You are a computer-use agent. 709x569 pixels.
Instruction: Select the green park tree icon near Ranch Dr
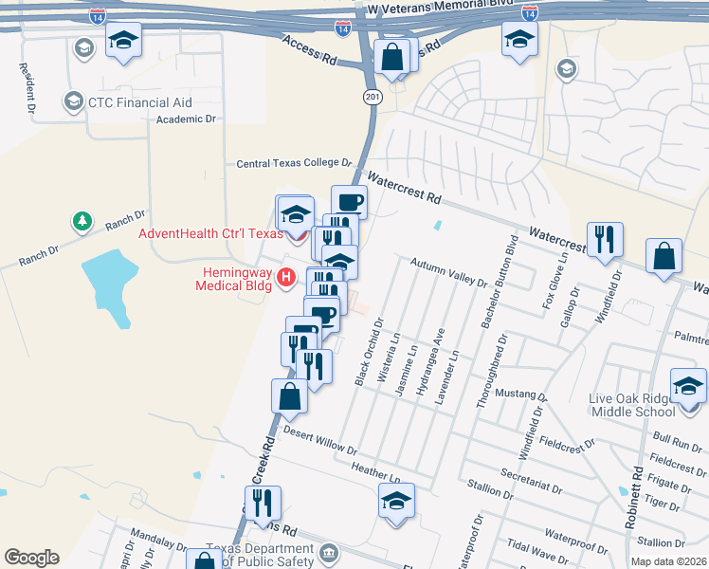[x=82, y=222]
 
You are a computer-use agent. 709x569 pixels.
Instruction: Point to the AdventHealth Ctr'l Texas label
[x=210, y=234]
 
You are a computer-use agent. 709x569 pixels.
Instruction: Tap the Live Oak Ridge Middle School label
[x=632, y=401]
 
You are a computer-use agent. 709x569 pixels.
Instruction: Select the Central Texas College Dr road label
[x=294, y=163]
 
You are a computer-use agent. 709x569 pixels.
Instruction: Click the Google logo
[x=31, y=558]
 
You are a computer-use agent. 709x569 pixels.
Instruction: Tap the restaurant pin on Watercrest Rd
[x=604, y=242]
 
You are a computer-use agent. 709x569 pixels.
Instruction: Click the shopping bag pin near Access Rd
[x=391, y=59]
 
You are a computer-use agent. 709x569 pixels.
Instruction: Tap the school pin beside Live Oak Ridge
[x=688, y=388]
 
